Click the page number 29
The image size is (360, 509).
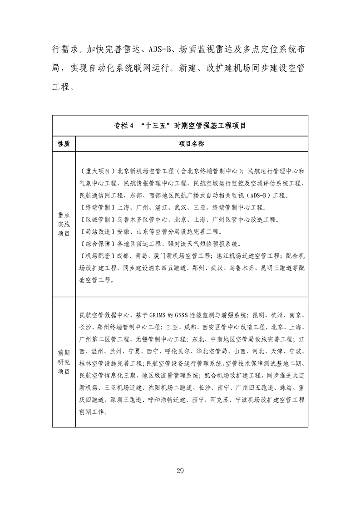(180, 470)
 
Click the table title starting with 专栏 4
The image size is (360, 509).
(180, 126)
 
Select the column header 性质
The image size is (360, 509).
(64, 144)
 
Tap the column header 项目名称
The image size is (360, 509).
(191, 144)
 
